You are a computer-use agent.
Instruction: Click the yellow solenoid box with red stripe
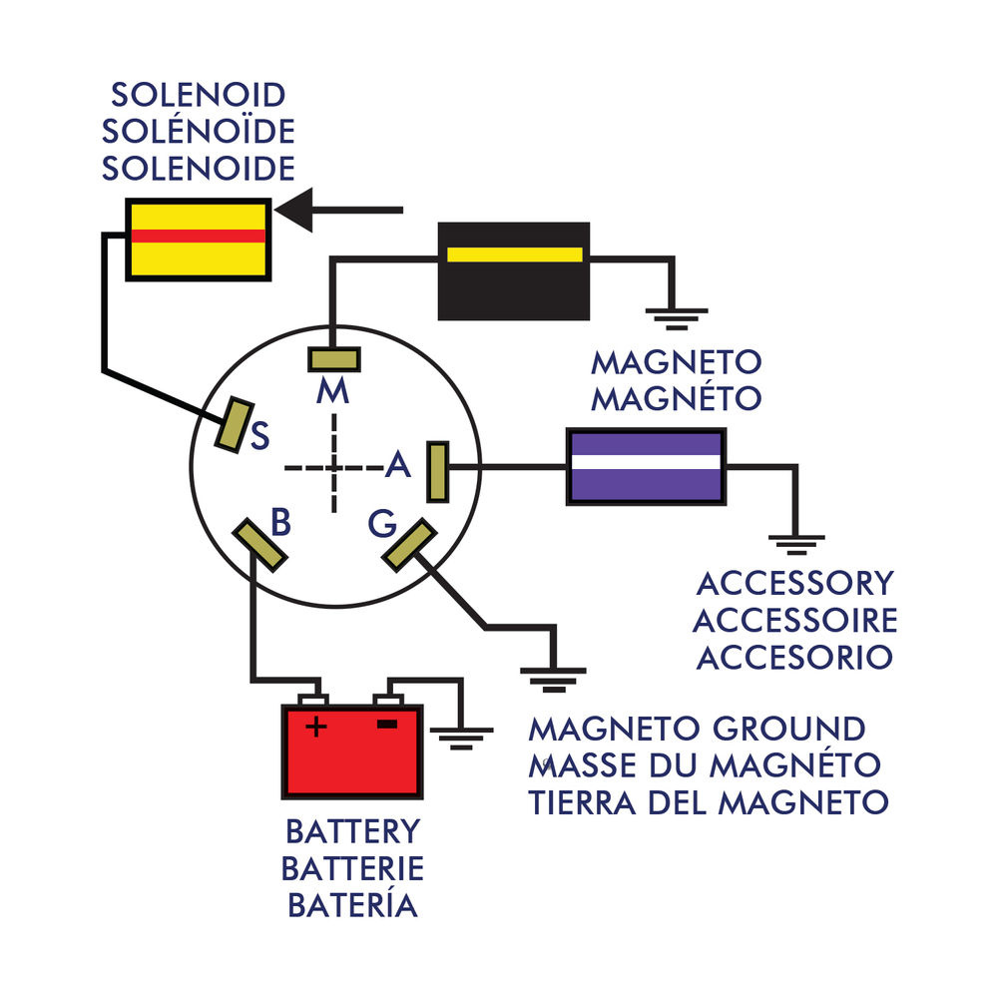[198, 240]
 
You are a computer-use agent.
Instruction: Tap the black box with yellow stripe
[514, 269]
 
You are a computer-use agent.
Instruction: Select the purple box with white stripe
[646, 465]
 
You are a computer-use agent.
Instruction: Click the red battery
[352, 750]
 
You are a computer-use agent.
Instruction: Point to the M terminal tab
[333, 359]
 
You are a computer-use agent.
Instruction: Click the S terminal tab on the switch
[235, 423]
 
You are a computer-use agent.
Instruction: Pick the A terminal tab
[437, 471]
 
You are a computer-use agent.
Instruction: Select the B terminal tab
[261, 544]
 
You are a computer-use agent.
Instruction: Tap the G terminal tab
[409, 545]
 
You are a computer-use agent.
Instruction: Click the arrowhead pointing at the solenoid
[294, 210]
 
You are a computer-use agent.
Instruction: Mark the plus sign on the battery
[315, 727]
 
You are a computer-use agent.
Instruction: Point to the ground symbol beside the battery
[463, 739]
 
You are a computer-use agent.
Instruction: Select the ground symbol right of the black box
[676, 316]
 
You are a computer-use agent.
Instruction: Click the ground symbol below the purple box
[796, 544]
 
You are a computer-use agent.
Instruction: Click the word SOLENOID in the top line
[199, 96]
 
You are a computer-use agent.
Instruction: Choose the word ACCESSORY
[794, 583]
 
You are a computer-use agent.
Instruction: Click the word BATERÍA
[352, 905]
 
